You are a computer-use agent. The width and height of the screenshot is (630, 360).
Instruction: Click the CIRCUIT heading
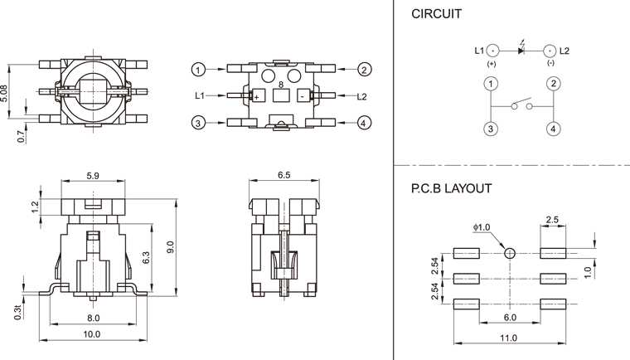pos(437,14)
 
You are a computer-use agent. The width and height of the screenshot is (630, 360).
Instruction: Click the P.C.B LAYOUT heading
pos(451,188)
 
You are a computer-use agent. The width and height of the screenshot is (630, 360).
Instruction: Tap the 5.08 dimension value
pos(7,91)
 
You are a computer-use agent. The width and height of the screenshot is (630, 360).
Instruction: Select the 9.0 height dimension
pos(171,246)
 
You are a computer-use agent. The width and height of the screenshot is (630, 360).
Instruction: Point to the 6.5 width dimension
pos(283,176)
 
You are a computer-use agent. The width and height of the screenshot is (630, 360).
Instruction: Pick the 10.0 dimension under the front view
pos(92,334)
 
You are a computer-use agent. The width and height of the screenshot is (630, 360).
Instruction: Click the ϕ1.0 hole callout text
pos(481,227)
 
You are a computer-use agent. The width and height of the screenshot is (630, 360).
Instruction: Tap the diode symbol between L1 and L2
pos(521,51)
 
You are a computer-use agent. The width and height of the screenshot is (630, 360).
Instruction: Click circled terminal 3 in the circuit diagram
pos(492,129)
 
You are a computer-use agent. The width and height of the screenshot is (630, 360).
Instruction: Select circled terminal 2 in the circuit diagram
pos(552,84)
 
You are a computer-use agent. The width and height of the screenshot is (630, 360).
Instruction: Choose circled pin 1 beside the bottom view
pos(198,69)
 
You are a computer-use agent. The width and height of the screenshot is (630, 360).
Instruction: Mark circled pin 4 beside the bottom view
pos(365,124)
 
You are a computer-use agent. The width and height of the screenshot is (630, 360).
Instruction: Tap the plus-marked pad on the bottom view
pos(257,97)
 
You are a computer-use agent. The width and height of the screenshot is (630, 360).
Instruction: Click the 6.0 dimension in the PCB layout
pos(509,318)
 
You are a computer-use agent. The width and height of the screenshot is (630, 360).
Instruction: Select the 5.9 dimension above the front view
pos(94,176)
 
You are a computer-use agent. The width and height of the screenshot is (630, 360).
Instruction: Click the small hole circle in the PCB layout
pos(510,253)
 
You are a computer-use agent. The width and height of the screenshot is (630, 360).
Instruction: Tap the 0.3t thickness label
pos(17,311)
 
